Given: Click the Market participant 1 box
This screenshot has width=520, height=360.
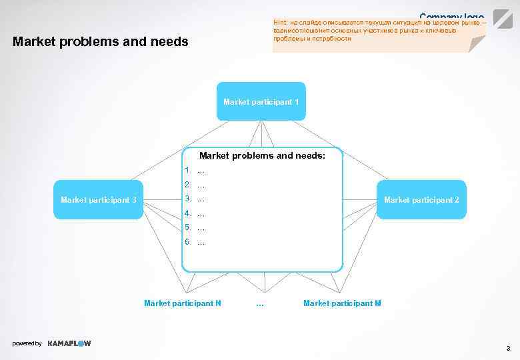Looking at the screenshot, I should (261, 101).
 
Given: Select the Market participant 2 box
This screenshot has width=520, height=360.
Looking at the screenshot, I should (421, 199).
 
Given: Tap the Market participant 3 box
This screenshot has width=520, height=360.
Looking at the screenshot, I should (99, 199).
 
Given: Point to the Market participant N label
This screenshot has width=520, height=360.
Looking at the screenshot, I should (183, 303).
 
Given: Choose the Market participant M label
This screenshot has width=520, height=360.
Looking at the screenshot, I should (342, 303).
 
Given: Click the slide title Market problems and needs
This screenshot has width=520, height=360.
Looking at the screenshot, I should (101, 42).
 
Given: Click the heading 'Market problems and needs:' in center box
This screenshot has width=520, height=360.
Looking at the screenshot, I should (262, 155).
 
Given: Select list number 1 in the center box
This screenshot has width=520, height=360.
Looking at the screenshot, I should (189, 170).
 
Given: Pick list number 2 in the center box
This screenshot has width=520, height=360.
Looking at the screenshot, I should (189, 185).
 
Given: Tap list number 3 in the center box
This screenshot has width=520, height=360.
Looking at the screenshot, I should (189, 199).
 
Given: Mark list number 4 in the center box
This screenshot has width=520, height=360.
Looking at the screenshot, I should (189, 213).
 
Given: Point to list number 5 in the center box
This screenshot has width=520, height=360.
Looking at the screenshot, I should (189, 228).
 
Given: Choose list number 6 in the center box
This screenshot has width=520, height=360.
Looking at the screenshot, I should (189, 242).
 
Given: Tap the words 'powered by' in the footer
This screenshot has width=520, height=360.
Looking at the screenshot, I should (27, 343).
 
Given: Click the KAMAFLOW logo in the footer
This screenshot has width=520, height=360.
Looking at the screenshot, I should (69, 343).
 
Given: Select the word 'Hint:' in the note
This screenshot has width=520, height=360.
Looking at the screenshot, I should (280, 22).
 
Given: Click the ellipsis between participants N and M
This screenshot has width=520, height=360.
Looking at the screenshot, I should (260, 304).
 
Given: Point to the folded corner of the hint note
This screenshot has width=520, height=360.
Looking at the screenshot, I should (477, 44).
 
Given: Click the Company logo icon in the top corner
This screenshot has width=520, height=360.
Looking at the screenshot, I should (503, 19).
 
